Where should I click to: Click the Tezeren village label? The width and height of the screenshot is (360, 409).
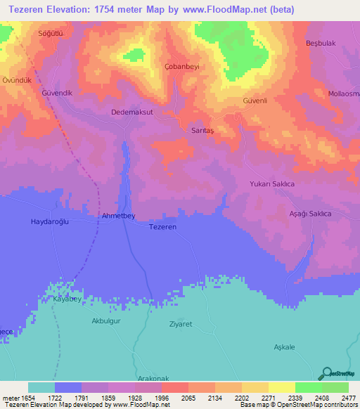(x=162, y=227)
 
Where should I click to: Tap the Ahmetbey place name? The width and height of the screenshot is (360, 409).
(x=118, y=216)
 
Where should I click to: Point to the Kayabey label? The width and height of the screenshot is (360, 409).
(x=68, y=299)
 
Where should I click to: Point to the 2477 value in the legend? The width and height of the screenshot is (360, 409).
(x=349, y=398)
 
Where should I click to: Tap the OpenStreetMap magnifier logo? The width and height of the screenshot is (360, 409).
(x=326, y=374)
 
